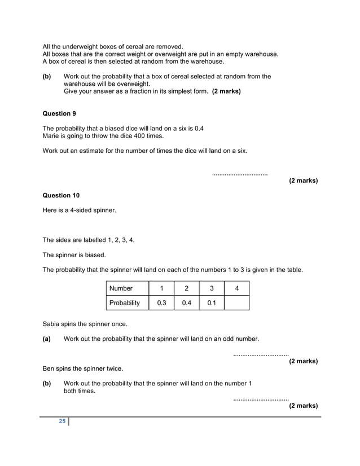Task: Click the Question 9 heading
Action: pos(59,113)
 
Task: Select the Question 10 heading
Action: pos(61,195)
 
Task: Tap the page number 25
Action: pos(62,422)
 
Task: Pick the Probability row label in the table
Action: pos(124,303)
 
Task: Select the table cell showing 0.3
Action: pos(161,303)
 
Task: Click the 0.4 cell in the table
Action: pos(186,303)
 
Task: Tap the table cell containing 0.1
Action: pos(212,303)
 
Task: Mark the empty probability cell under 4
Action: pos(236,303)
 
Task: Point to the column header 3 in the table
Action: pos(212,288)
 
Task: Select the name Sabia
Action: pos(52,324)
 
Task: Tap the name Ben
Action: pos(49,368)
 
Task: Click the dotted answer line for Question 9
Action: pos(240,174)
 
